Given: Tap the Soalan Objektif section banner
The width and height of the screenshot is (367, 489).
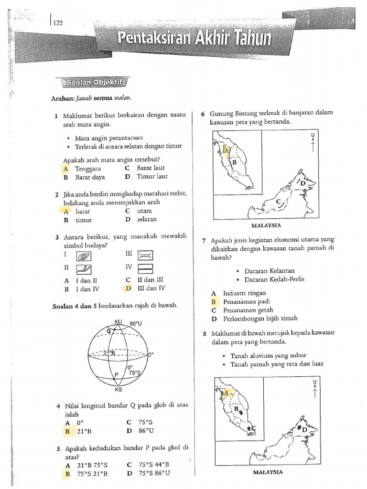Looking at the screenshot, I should pyautogui.click(x=92, y=82).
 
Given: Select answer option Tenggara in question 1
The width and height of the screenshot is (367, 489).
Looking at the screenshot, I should pyautogui.click(x=88, y=169).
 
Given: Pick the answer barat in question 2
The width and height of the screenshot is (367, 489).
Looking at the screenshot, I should pyautogui.click(x=83, y=211).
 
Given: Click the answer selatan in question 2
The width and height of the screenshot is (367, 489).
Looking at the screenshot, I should pyautogui.click(x=147, y=220).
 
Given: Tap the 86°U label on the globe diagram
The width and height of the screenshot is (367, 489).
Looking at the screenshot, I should pyautogui.click(x=136, y=323).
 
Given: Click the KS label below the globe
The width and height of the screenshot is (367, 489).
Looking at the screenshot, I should pyautogui.click(x=119, y=389).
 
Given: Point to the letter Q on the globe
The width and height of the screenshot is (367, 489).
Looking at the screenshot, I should pyautogui.click(x=108, y=330).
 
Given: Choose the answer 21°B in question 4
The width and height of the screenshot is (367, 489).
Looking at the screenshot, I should pyautogui.click(x=84, y=432).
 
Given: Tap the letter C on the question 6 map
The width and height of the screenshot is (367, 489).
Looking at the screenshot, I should pyautogui.click(x=278, y=202).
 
